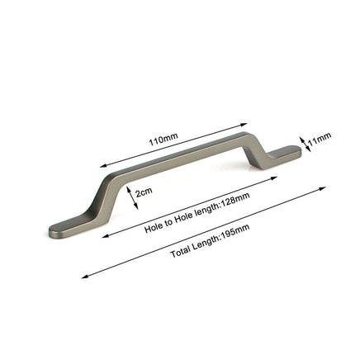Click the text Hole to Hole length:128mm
click(x=197, y=215)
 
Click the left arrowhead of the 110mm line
click(x=102, y=166)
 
